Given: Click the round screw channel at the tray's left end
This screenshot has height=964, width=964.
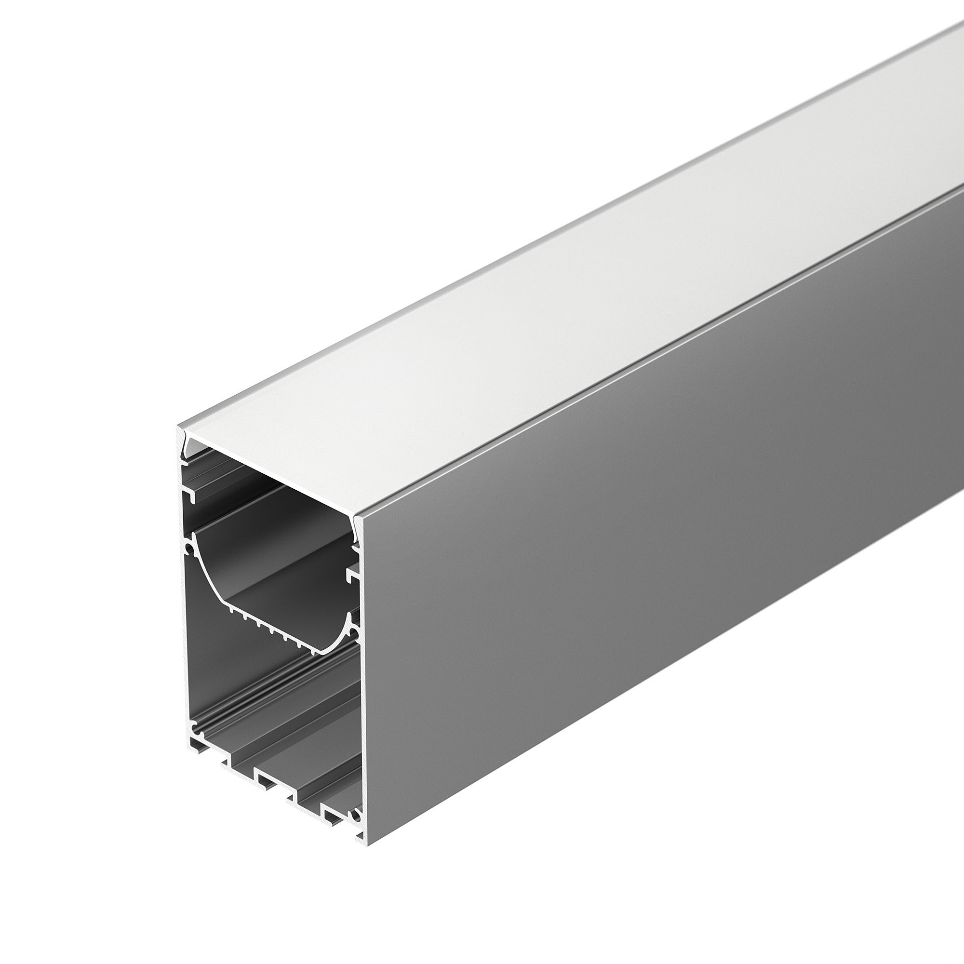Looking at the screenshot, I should tap(189, 549).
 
